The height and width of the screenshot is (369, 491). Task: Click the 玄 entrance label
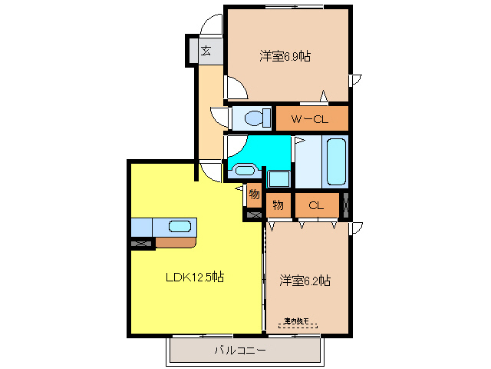click(x=206, y=52)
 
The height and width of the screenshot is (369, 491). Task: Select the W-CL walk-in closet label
click(x=311, y=118)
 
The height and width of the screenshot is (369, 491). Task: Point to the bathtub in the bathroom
click(x=335, y=161)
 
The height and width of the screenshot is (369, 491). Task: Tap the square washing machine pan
click(x=278, y=178)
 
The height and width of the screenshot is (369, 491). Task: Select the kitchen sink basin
click(x=180, y=227)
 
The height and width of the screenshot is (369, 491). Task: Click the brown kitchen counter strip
click(x=176, y=244)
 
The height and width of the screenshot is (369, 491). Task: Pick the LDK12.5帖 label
click(x=195, y=277)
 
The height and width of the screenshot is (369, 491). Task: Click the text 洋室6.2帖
click(x=305, y=281)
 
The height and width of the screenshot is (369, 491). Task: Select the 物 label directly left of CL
click(x=278, y=204)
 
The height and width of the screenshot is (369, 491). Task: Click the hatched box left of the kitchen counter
click(x=142, y=244)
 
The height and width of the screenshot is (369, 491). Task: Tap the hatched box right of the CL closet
click(x=346, y=204)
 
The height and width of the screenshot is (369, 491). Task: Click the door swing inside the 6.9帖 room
click(x=237, y=90)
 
